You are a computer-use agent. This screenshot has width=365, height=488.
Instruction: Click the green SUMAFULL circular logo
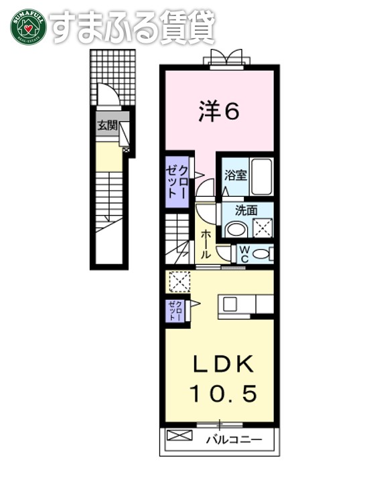tap(27, 27)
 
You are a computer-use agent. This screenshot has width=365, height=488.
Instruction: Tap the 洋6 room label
tap(218, 112)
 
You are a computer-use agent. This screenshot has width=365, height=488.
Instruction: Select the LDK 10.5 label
tap(224, 379)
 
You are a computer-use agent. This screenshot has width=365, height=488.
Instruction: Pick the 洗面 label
tap(246, 210)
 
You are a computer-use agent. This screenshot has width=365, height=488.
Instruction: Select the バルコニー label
tap(229, 439)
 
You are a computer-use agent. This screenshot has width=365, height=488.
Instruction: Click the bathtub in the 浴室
tap(261, 175)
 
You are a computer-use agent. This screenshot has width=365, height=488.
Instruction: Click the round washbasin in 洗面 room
tap(236, 229)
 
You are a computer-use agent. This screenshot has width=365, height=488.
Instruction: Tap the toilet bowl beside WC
tap(263, 254)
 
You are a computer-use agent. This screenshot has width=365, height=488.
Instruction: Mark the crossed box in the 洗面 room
tap(263, 228)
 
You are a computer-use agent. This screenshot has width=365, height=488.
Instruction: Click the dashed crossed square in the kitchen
tap(179, 282)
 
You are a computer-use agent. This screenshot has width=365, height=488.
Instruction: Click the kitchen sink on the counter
tap(230, 304)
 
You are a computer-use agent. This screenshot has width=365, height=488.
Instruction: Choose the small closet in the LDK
tap(176, 311)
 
